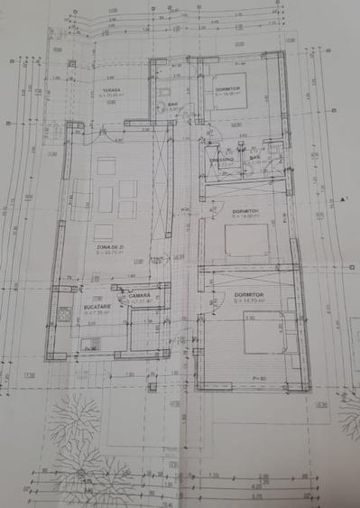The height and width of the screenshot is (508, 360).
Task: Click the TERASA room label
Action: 111,89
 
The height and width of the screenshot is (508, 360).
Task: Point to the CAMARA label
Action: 139,295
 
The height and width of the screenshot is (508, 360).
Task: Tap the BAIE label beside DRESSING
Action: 255,157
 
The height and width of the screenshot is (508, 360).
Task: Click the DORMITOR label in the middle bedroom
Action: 245,210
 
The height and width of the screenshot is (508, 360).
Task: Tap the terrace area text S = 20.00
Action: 111,96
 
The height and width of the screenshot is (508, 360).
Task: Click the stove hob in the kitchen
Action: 64,316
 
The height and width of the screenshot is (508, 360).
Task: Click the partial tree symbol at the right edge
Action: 349,415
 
